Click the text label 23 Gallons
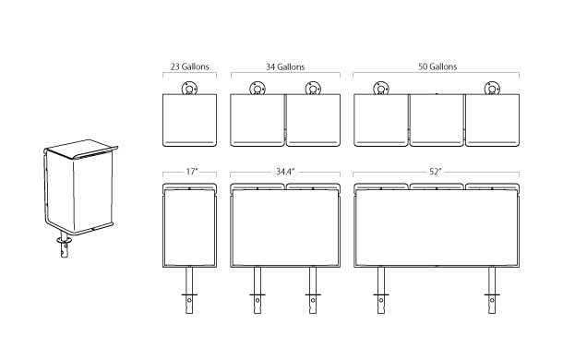point(188,66)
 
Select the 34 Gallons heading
point(285,66)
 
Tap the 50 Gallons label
point(437,66)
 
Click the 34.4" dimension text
point(285,172)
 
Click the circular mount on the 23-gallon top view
point(189,90)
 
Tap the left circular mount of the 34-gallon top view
point(258,90)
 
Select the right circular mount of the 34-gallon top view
point(313,90)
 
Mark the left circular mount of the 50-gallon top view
point(379,90)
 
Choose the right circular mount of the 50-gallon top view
point(492,90)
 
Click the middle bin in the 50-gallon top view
point(437,120)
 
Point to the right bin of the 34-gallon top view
point(314,120)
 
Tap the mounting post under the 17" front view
point(189,294)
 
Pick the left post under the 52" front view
point(378,294)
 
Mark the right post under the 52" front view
point(492,294)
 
